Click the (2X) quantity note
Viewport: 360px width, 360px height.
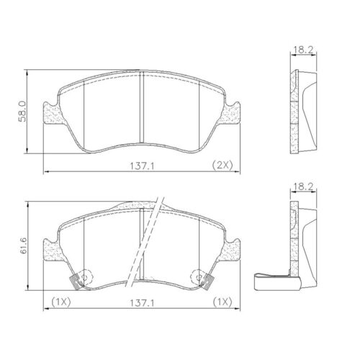(x=221, y=166)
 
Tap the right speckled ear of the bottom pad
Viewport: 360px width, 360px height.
(x=232, y=248)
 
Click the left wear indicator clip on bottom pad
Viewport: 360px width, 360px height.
(x=72, y=281)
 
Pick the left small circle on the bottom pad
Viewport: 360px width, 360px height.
(x=84, y=276)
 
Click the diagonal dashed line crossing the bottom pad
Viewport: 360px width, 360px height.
(x=148, y=245)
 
